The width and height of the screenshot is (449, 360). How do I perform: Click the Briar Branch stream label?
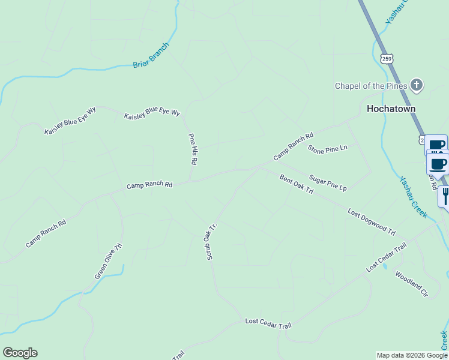[x=152, y=55]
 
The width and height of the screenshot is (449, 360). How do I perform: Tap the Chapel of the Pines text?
[x=371, y=86]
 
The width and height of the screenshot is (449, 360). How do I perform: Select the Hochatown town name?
[x=391, y=109]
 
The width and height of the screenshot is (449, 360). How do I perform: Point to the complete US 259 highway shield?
[x=387, y=58]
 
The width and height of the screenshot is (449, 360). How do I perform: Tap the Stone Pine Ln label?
[x=328, y=149]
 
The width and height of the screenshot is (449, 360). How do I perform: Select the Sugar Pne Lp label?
[x=328, y=183]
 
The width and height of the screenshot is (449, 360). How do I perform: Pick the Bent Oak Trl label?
[x=297, y=184]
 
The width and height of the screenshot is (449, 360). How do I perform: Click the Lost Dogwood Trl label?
[x=372, y=221]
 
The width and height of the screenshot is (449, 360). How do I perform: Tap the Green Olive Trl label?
[x=109, y=261]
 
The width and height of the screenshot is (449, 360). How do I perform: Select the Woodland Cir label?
[x=411, y=284]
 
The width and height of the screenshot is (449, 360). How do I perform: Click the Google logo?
[x=20, y=353]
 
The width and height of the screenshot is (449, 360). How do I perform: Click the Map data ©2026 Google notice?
[x=412, y=355]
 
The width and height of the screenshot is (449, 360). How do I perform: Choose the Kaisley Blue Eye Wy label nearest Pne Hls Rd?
[x=152, y=112]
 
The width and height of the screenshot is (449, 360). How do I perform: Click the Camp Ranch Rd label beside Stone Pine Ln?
[x=294, y=146]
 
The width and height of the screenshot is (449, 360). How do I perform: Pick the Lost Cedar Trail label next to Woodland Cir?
[x=387, y=257]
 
